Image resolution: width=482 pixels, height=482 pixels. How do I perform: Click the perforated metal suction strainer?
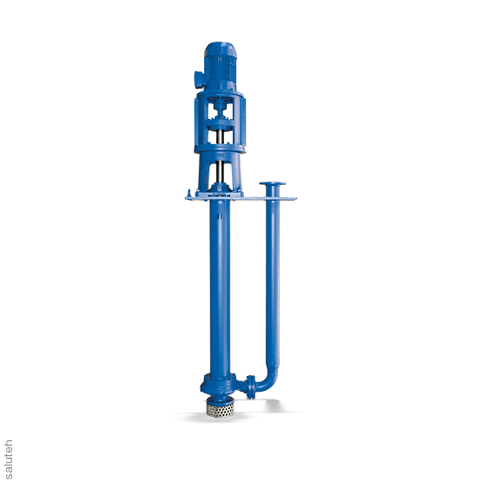(220, 409)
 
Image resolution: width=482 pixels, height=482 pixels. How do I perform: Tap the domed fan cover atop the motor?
(220, 50)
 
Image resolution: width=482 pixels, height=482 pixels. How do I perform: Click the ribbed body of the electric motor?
(221, 71)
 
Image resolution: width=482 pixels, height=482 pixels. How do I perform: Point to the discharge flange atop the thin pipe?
(273, 183)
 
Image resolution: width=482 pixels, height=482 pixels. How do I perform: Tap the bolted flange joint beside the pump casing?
(250, 386)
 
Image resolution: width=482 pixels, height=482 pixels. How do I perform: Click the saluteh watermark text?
(9, 459)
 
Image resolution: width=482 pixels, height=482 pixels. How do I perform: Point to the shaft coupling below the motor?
(220, 110)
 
